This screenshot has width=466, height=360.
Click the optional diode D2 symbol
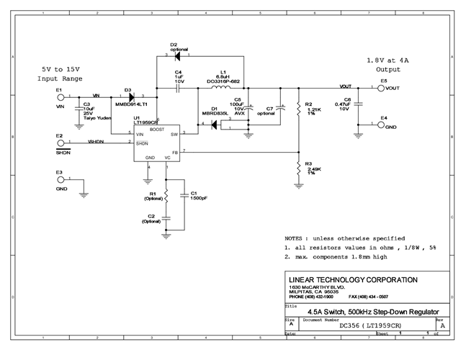(177, 55)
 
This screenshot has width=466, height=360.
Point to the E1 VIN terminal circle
(60, 96)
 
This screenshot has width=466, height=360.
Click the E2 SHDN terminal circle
(60, 142)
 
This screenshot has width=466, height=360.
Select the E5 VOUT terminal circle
(381, 89)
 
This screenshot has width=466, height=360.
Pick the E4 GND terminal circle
(381, 125)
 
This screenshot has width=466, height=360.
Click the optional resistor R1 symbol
(166, 194)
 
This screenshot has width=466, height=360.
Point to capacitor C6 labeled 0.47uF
(359, 104)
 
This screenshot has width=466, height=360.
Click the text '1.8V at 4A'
(380, 60)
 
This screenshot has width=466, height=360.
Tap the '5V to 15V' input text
(61, 69)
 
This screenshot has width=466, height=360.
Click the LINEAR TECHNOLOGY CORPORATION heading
(352, 279)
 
